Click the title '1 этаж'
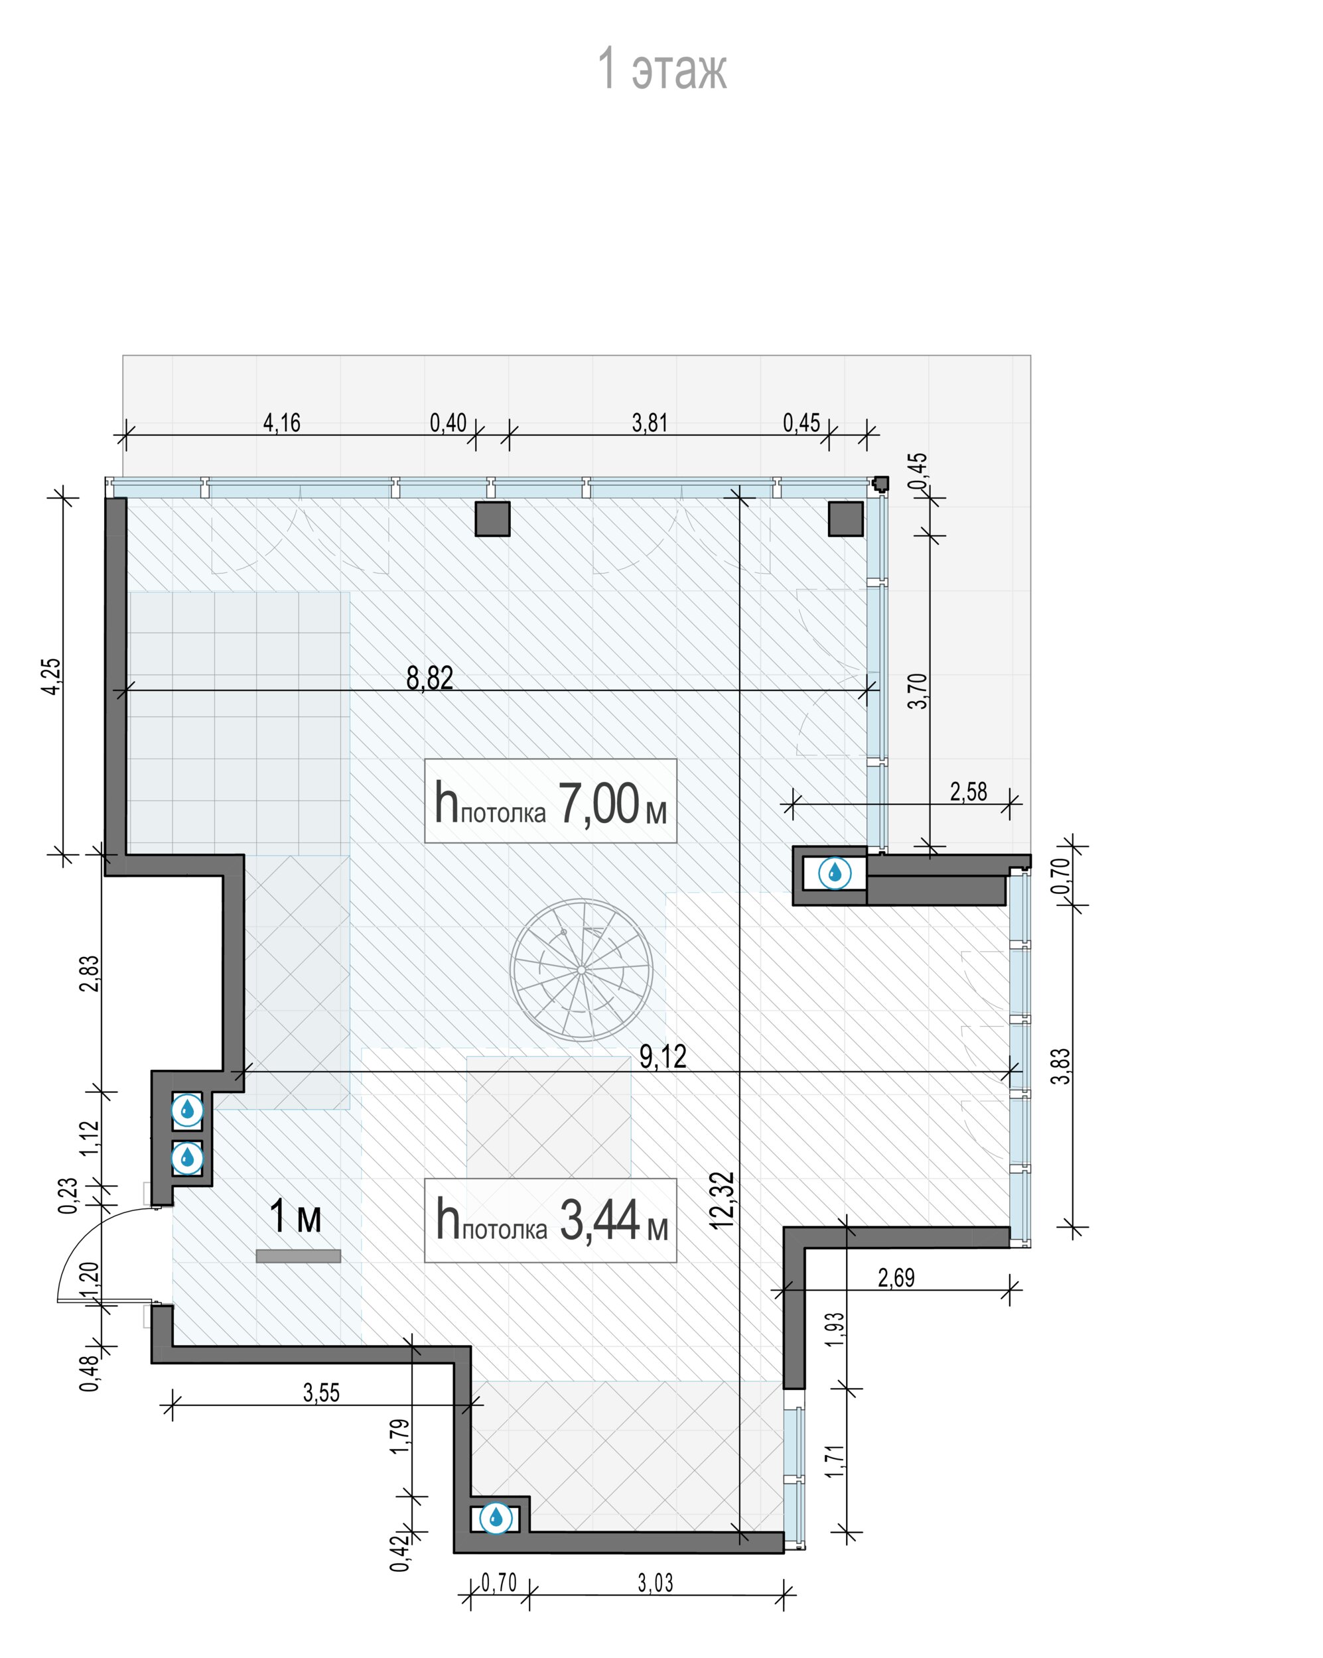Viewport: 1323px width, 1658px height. pyautogui.click(x=661, y=69)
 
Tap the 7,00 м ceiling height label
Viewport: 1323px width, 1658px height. pyautogui.click(x=550, y=801)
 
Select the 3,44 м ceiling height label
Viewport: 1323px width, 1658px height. pyautogui.click(x=550, y=1220)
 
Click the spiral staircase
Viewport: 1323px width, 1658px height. pyautogui.click(x=581, y=970)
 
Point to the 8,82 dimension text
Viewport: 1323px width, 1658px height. pyautogui.click(x=429, y=678)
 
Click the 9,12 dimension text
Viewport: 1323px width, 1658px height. pyautogui.click(x=663, y=1056)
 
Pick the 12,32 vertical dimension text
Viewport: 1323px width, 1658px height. pyautogui.click(x=723, y=1200)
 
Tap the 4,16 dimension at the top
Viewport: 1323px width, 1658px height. pyautogui.click(x=281, y=422)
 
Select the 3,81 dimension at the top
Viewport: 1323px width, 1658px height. pyautogui.click(x=650, y=422)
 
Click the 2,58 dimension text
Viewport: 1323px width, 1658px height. pyautogui.click(x=969, y=791)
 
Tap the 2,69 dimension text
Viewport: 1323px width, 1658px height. pyautogui.click(x=896, y=1277)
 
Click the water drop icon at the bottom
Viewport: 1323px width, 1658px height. pyautogui.click(x=496, y=1517)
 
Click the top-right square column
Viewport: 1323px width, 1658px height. pyautogui.click(x=845, y=519)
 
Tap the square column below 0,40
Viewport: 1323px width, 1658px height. pyautogui.click(x=492, y=519)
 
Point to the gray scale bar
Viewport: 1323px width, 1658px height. pyautogui.click(x=299, y=1256)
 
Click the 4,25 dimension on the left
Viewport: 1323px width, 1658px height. pyautogui.click(x=52, y=676)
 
